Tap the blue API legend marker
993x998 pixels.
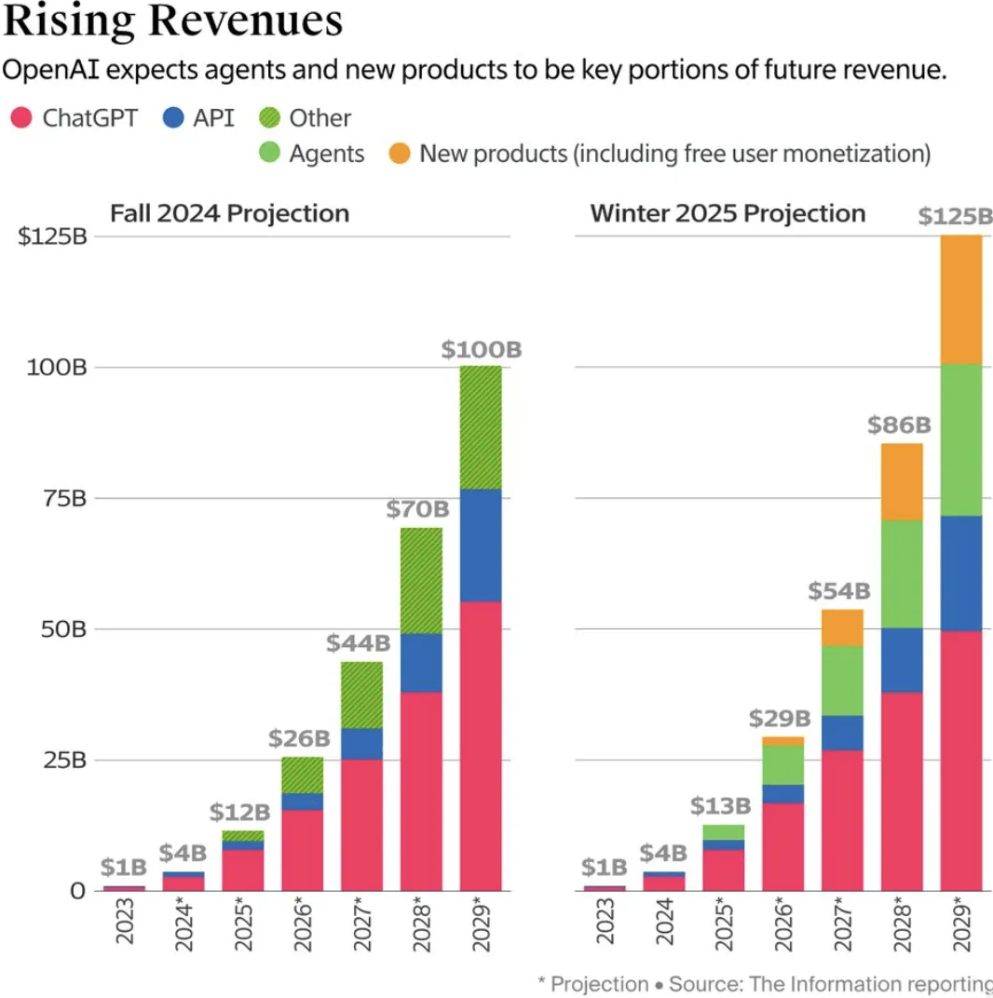click(173, 118)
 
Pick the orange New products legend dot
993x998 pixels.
click(399, 154)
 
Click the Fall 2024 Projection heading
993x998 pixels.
click(229, 213)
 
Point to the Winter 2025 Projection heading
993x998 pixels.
click(728, 213)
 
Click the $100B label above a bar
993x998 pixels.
click(481, 350)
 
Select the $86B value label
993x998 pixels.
click(899, 425)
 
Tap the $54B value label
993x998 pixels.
click(839, 590)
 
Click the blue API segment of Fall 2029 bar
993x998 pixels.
click(481, 546)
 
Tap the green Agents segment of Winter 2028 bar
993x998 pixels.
click(902, 573)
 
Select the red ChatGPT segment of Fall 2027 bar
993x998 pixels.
click(361, 824)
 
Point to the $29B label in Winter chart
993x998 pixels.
click(780, 719)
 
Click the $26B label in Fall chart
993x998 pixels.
click(300, 739)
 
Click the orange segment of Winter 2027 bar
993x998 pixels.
click(842, 627)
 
